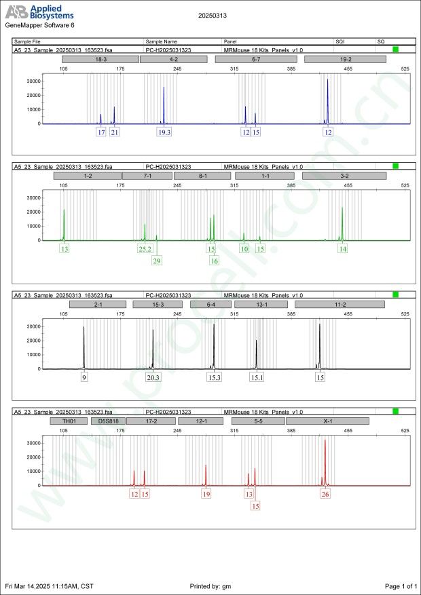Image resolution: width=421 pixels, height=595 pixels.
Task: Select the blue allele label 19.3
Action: [x=164, y=132]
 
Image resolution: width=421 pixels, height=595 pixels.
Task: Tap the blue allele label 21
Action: [x=115, y=132]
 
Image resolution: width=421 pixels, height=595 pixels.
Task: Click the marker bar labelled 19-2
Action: [x=345, y=60]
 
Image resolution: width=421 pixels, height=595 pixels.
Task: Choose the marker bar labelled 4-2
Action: [x=174, y=60]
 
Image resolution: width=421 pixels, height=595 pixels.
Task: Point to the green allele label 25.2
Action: [x=145, y=249]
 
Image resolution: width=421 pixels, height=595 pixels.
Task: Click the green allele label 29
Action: [x=157, y=261]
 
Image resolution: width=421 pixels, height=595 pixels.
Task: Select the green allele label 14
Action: [x=342, y=249]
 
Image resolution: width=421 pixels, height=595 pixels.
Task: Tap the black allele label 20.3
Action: [x=153, y=377]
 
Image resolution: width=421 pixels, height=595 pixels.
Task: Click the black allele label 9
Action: [x=84, y=377]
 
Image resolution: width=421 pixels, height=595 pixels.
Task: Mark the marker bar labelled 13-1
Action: [x=261, y=305]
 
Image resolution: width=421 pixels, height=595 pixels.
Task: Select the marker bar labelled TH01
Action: [x=68, y=421]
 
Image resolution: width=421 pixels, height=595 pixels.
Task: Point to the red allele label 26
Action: [x=325, y=494]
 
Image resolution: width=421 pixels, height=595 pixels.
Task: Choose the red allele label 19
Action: [x=206, y=494]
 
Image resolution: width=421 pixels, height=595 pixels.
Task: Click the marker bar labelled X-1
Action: [x=328, y=421]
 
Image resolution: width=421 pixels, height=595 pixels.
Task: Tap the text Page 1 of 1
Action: [x=400, y=586]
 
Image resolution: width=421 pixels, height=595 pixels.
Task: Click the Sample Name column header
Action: [x=161, y=41]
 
